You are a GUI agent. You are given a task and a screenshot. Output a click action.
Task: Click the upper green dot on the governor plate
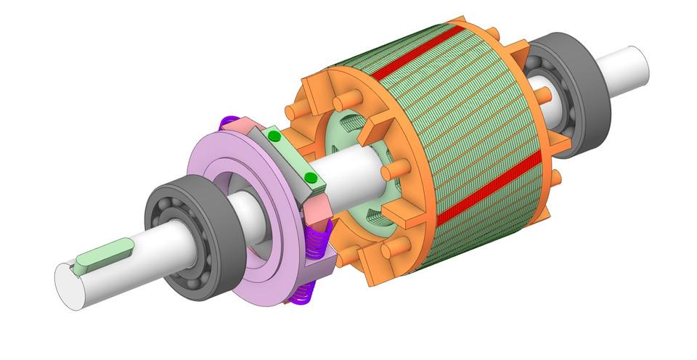coord(274,136)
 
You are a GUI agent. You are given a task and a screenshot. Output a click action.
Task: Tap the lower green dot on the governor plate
coord(310,178)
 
